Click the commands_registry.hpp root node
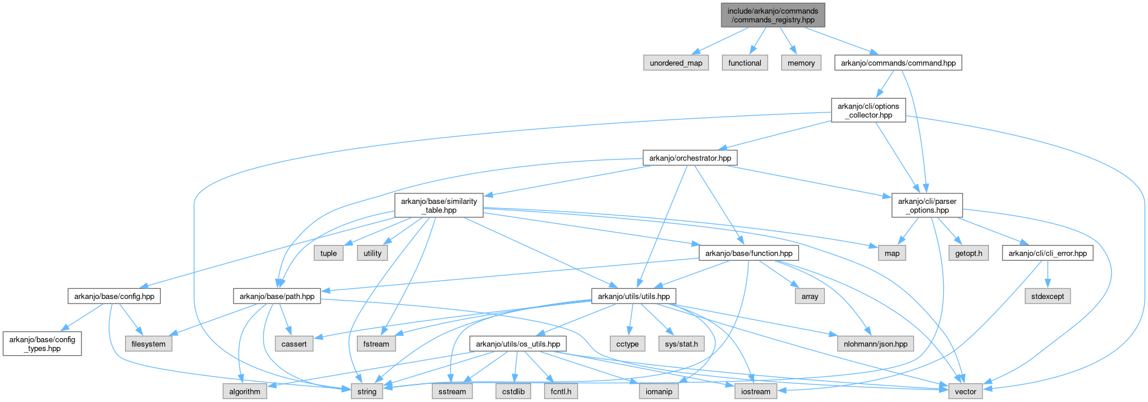(773, 15)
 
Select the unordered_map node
(676, 63)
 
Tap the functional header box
(744, 63)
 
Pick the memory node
(801, 63)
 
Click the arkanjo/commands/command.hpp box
(898, 63)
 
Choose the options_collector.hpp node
(868, 110)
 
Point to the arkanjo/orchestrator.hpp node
(690, 158)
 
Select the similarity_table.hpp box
(438, 205)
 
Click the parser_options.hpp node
(927, 205)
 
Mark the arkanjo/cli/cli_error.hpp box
(1048, 253)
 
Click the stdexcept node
(1048, 296)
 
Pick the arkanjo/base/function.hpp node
(748, 253)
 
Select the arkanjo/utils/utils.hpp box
(633, 296)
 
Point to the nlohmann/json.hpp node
(875, 343)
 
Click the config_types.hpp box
(42, 343)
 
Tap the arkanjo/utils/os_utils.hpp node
(518, 343)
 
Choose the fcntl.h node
(561, 391)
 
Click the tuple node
(328, 253)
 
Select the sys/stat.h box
(681, 343)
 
